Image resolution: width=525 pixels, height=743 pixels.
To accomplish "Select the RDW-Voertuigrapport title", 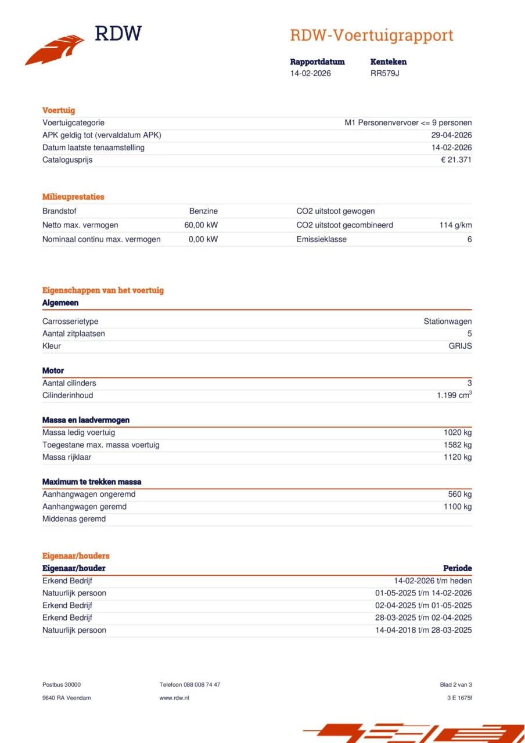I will (371, 35).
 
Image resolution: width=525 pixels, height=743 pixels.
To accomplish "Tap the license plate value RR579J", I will (384, 73).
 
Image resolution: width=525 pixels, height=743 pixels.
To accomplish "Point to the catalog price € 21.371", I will (456, 160).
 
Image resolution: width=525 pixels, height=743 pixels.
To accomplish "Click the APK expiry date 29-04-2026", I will (447, 135).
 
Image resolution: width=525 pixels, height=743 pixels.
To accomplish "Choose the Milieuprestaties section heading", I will (73, 197).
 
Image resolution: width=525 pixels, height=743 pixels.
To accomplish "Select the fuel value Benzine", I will (203, 211).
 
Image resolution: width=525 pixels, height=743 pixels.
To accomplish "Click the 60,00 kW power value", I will (201, 225).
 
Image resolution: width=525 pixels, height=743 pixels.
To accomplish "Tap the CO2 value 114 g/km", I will (455, 225).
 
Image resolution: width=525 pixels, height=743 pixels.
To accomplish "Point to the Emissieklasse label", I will (321, 239).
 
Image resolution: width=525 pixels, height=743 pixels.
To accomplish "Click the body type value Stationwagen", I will (447, 322).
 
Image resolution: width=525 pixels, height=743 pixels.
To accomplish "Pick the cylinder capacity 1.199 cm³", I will (454, 395).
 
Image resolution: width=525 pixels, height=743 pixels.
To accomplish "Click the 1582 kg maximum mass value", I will (458, 445).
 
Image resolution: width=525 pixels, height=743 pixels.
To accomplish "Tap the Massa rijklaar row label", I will (67, 457).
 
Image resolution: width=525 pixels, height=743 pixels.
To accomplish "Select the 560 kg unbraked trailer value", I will (459, 494).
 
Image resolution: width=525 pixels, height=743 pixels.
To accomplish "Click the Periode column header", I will (457, 568).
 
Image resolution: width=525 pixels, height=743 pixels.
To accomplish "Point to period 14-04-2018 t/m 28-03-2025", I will (423, 630).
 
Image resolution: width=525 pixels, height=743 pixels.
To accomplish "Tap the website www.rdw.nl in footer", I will (174, 698).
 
